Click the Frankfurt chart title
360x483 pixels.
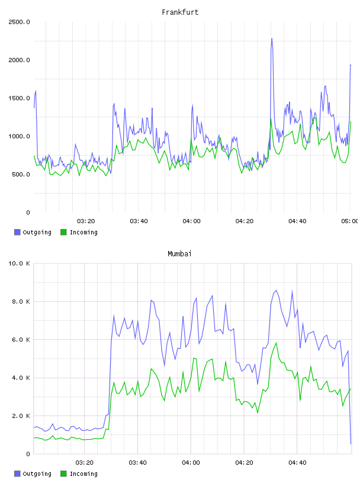180,12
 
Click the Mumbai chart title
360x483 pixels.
179,253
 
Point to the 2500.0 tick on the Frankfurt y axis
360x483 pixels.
19,22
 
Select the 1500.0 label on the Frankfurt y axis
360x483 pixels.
19,98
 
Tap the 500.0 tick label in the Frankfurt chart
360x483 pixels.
21,175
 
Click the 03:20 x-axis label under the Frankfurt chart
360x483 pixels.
86,221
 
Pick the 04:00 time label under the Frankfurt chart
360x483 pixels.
191,221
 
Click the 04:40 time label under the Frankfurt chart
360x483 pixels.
297,221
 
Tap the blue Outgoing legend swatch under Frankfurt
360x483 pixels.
17,232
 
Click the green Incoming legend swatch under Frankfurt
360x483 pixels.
63,232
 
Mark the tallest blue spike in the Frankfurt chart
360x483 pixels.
272,38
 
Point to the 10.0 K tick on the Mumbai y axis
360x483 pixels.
19,263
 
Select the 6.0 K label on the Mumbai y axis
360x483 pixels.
21,339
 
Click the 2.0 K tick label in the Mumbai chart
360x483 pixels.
21,416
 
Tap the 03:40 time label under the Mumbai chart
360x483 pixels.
137,462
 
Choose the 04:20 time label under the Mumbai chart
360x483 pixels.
244,462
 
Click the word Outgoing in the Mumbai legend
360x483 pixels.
37,474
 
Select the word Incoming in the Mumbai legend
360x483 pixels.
83,474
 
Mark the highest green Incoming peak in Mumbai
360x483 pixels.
276,343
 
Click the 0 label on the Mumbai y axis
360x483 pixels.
28,454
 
